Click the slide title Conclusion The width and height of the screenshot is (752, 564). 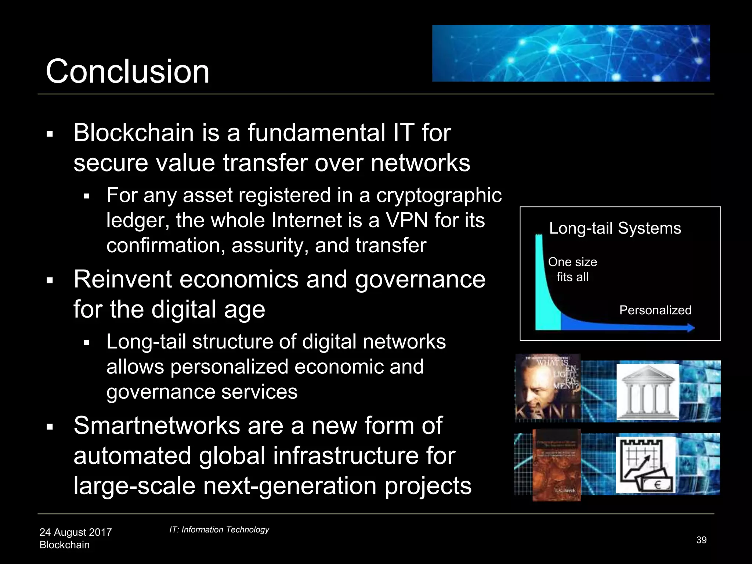click(x=127, y=71)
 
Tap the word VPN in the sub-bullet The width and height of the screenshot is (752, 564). click(x=406, y=220)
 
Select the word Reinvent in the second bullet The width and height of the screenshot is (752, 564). click(x=122, y=279)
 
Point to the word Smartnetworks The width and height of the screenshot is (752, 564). click(x=157, y=426)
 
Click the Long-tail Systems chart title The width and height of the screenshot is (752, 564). click(x=615, y=228)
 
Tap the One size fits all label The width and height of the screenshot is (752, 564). click(x=572, y=269)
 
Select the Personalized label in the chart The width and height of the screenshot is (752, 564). click(x=655, y=310)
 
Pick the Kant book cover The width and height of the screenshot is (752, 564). click(x=547, y=387)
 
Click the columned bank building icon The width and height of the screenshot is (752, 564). click(x=647, y=392)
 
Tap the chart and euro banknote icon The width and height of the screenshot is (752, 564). click(x=646, y=464)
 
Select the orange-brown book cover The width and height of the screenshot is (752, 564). click(x=557, y=465)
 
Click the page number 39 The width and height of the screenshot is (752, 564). click(x=701, y=540)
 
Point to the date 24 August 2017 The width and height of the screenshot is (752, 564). click(x=75, y=532)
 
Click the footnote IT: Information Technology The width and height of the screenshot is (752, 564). click(x=219, y=529)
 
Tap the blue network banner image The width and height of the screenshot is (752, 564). click(x=571, y=53)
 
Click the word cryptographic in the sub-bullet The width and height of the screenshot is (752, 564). click(x=438, y=195)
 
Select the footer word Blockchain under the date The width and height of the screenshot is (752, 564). click(x=64, y=545)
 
